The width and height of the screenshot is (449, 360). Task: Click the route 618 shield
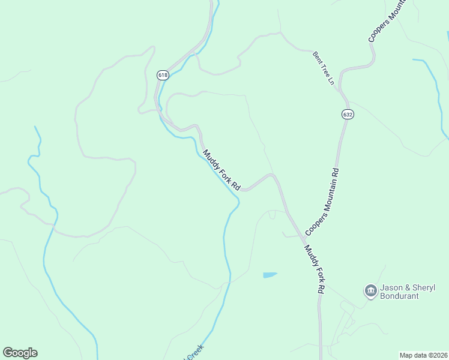pyautogui.click(x=163, y=75)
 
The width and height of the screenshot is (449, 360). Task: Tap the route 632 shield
pyautogui.click(x=348, y=114)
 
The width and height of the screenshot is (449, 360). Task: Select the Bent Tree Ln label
pyautogui.click(x=323, y=68)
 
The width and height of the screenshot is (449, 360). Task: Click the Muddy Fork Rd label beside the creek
pyautogui.click(x=221, y=170)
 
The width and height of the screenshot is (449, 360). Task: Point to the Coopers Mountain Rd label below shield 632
pyautogui.click(x=322, y=202)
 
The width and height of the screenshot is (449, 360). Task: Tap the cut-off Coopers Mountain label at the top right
pyautogui.click(x=388, y=22)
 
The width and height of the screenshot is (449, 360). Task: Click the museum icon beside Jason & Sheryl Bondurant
pyautogui.click(x=370, y=292)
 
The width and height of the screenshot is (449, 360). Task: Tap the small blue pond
pyautogui.click(x=270, y=275)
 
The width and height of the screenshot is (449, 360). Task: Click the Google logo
pyautogui.click(x=20, y=353)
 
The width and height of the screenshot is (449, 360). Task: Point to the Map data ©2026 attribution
pyautogui.click(x=424, y=355)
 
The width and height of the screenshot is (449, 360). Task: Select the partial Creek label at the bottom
pyautogui.click(x=195, y=352)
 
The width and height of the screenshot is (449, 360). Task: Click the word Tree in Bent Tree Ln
pyautogui.click(x=323, y=68)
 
